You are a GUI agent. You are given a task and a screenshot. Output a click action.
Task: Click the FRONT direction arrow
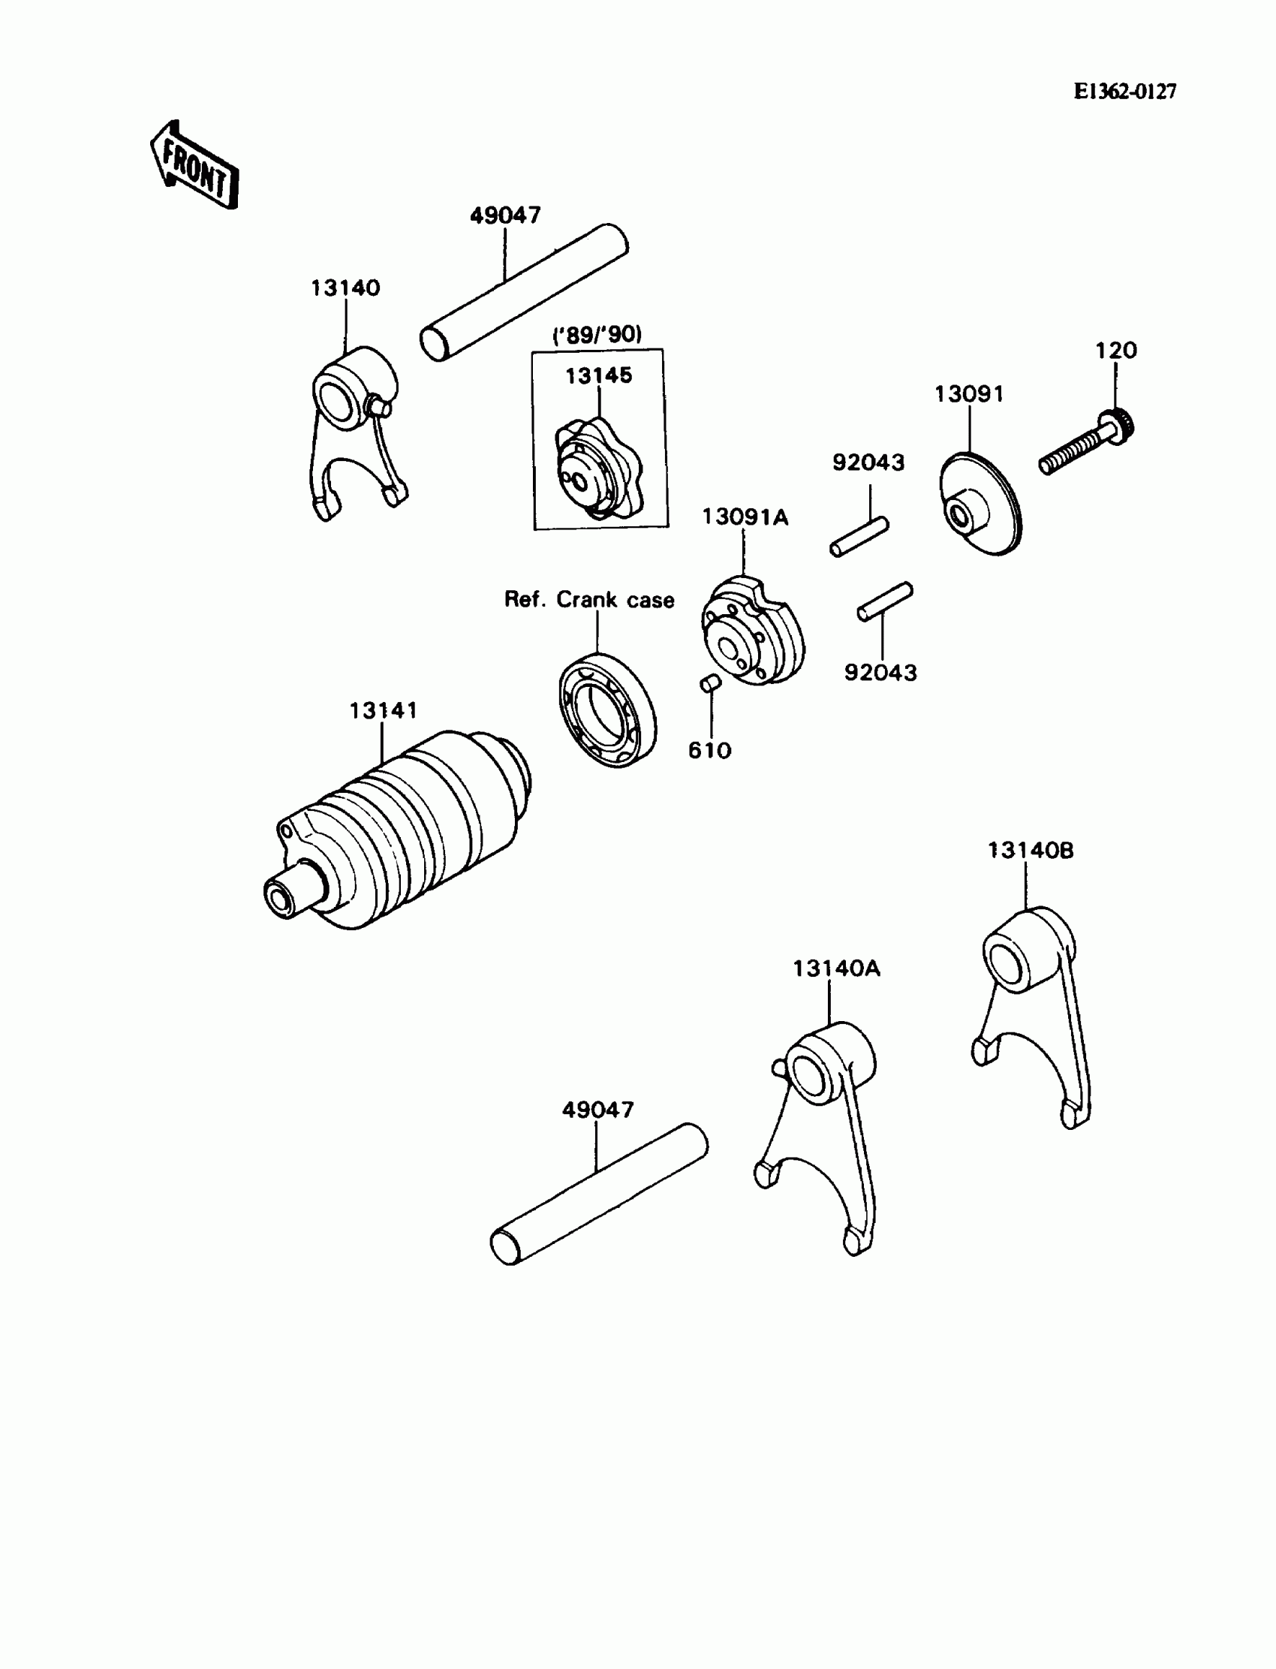[x=194, y=166]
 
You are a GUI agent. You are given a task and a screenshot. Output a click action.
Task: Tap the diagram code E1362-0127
[x=1125, y=92]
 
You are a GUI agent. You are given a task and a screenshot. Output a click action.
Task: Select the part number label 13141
[x=383, y=710]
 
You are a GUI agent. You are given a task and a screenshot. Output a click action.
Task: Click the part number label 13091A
[x=745, y=517]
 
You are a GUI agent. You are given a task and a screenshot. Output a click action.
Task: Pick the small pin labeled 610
[x=710, y=684]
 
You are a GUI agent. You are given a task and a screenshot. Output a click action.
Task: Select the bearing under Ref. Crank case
[x=608, y=709]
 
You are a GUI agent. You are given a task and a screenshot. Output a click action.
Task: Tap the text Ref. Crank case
[x=589, y=600]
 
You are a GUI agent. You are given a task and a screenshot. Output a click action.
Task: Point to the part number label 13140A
[x=836, y=969]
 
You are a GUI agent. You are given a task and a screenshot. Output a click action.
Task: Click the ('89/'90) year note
[x=597, y=334]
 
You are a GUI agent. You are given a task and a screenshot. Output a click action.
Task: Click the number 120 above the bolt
[x=1115, y=350]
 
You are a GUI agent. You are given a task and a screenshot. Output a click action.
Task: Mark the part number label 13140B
[x=1031, y=851]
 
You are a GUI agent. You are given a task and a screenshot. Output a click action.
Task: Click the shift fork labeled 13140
[x=354, y=426]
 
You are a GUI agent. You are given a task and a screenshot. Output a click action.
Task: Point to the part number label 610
[x=709, y=751]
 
